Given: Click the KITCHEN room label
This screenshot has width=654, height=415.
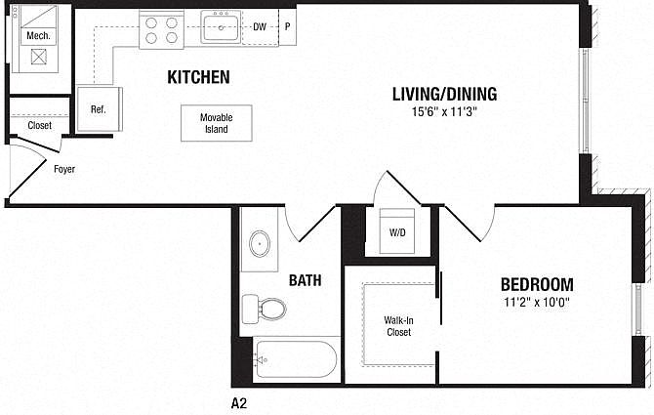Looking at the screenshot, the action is pos(198,77).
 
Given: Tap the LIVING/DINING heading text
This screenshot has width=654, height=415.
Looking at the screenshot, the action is pos(444,95).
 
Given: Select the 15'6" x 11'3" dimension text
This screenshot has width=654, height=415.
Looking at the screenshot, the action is pos(444,111).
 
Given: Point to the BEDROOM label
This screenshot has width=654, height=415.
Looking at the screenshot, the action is pos(537,284).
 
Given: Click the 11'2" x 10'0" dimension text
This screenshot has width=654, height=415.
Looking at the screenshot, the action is pos(537,302).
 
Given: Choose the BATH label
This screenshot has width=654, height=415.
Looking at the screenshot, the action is pos(306,280).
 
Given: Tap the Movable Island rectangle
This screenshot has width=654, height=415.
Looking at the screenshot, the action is pos(217,123).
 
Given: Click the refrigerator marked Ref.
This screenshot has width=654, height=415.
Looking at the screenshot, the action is pos(100,109).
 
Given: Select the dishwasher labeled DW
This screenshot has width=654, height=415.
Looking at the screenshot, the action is pos(260,27).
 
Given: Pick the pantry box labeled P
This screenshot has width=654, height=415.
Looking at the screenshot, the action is pos(287,27).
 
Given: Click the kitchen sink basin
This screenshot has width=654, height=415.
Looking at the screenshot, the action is pos(221,27).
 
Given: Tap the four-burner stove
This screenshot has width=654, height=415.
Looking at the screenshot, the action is pos(161,29).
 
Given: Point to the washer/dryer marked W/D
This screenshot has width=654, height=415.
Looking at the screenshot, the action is pos(397,231).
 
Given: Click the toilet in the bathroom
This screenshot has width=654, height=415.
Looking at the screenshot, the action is pos(264,310).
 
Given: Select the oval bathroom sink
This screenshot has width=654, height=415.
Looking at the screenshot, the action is pos(260,243).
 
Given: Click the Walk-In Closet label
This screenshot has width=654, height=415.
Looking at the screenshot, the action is pos(398,326).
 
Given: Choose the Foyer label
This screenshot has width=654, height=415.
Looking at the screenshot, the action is pos(64,169).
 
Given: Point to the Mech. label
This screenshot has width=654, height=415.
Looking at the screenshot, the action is pos(38,36).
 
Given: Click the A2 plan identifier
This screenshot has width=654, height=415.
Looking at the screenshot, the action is pos(239,403).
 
